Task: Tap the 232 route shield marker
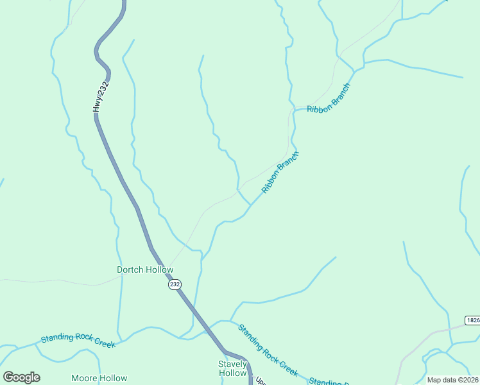pos(175,284)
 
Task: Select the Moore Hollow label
pos(99,378)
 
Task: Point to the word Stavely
pos(232,364)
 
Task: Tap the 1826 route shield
pos(473,320)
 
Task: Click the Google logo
pos(21,377)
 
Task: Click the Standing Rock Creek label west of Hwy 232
pos(78,341)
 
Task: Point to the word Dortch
pos(132,269)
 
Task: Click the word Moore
pos(84,378)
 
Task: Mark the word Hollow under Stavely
pos(232,373)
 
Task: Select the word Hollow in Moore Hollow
pos(113,378)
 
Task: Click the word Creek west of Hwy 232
pos(104,344)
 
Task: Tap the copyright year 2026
pos(468,380)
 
